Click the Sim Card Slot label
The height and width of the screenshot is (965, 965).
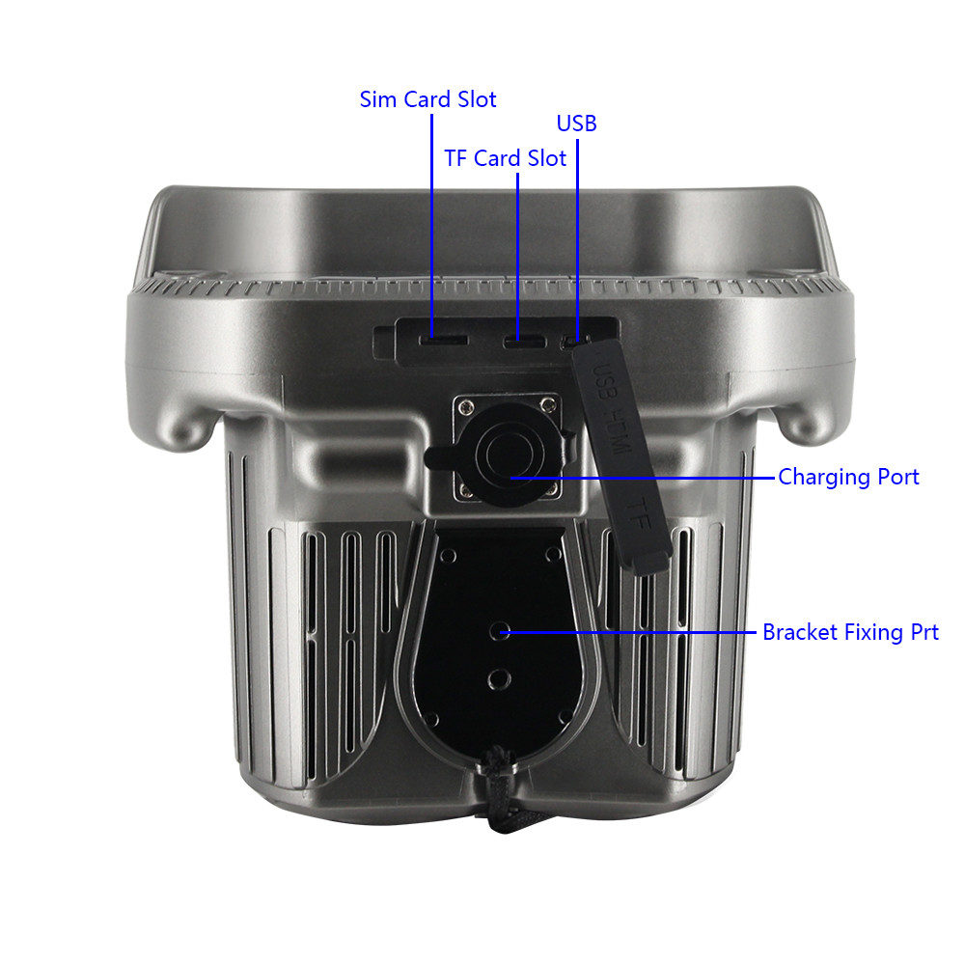coord(427,99)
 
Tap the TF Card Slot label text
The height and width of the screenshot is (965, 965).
coord(505,159)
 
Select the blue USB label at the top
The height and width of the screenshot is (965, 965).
coord(577,124)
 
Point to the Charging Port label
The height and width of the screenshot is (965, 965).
coord(848,478)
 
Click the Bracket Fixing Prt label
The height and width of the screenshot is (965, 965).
coord(850,633)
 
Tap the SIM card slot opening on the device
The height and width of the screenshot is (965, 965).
coord(443,341)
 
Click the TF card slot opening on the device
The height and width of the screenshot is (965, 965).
coord(524,341)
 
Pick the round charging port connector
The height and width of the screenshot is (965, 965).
coord(510,455)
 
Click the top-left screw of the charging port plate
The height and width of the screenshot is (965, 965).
coord(467,406)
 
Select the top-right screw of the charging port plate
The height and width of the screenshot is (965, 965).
coord(548,404)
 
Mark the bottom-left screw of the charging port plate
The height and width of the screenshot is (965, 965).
coord(466,490)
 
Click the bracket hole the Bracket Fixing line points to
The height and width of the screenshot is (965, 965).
coord(499,631)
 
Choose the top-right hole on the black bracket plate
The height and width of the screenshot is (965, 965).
coord(553,555)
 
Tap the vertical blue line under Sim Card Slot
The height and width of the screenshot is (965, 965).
coord(432,226)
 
